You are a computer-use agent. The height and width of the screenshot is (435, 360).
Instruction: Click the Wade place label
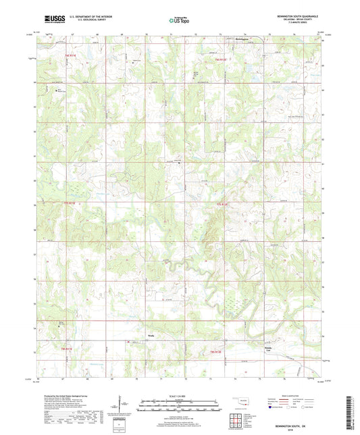pos(151,334)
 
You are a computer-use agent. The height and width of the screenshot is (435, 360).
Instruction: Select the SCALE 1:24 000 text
pos(180,395)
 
